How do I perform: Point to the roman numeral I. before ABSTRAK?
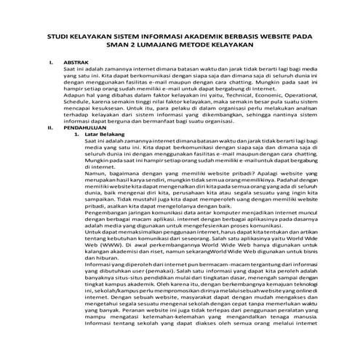coord(50,63)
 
